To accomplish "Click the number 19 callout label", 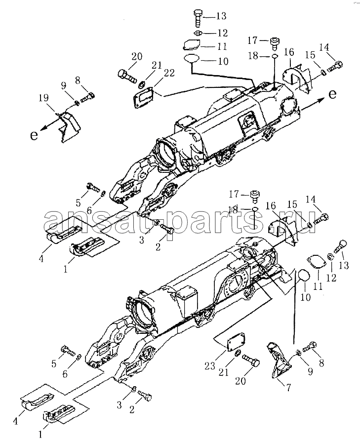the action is (x=43, y=98).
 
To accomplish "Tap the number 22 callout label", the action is (x=169, y=73).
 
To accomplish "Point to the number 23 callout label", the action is (x=210, y=366).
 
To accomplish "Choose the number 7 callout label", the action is (x=288, y=388).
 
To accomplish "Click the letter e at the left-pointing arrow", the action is (x=34, y=135).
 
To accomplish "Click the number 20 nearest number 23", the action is (x=240, y=381).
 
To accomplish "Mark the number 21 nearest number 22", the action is (x=157, y=65).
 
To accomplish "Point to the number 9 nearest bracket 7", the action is (x=310, y=372).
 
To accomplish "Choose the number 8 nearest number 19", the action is (x=78, y=81).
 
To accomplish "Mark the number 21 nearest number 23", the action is (x=224, y=372).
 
